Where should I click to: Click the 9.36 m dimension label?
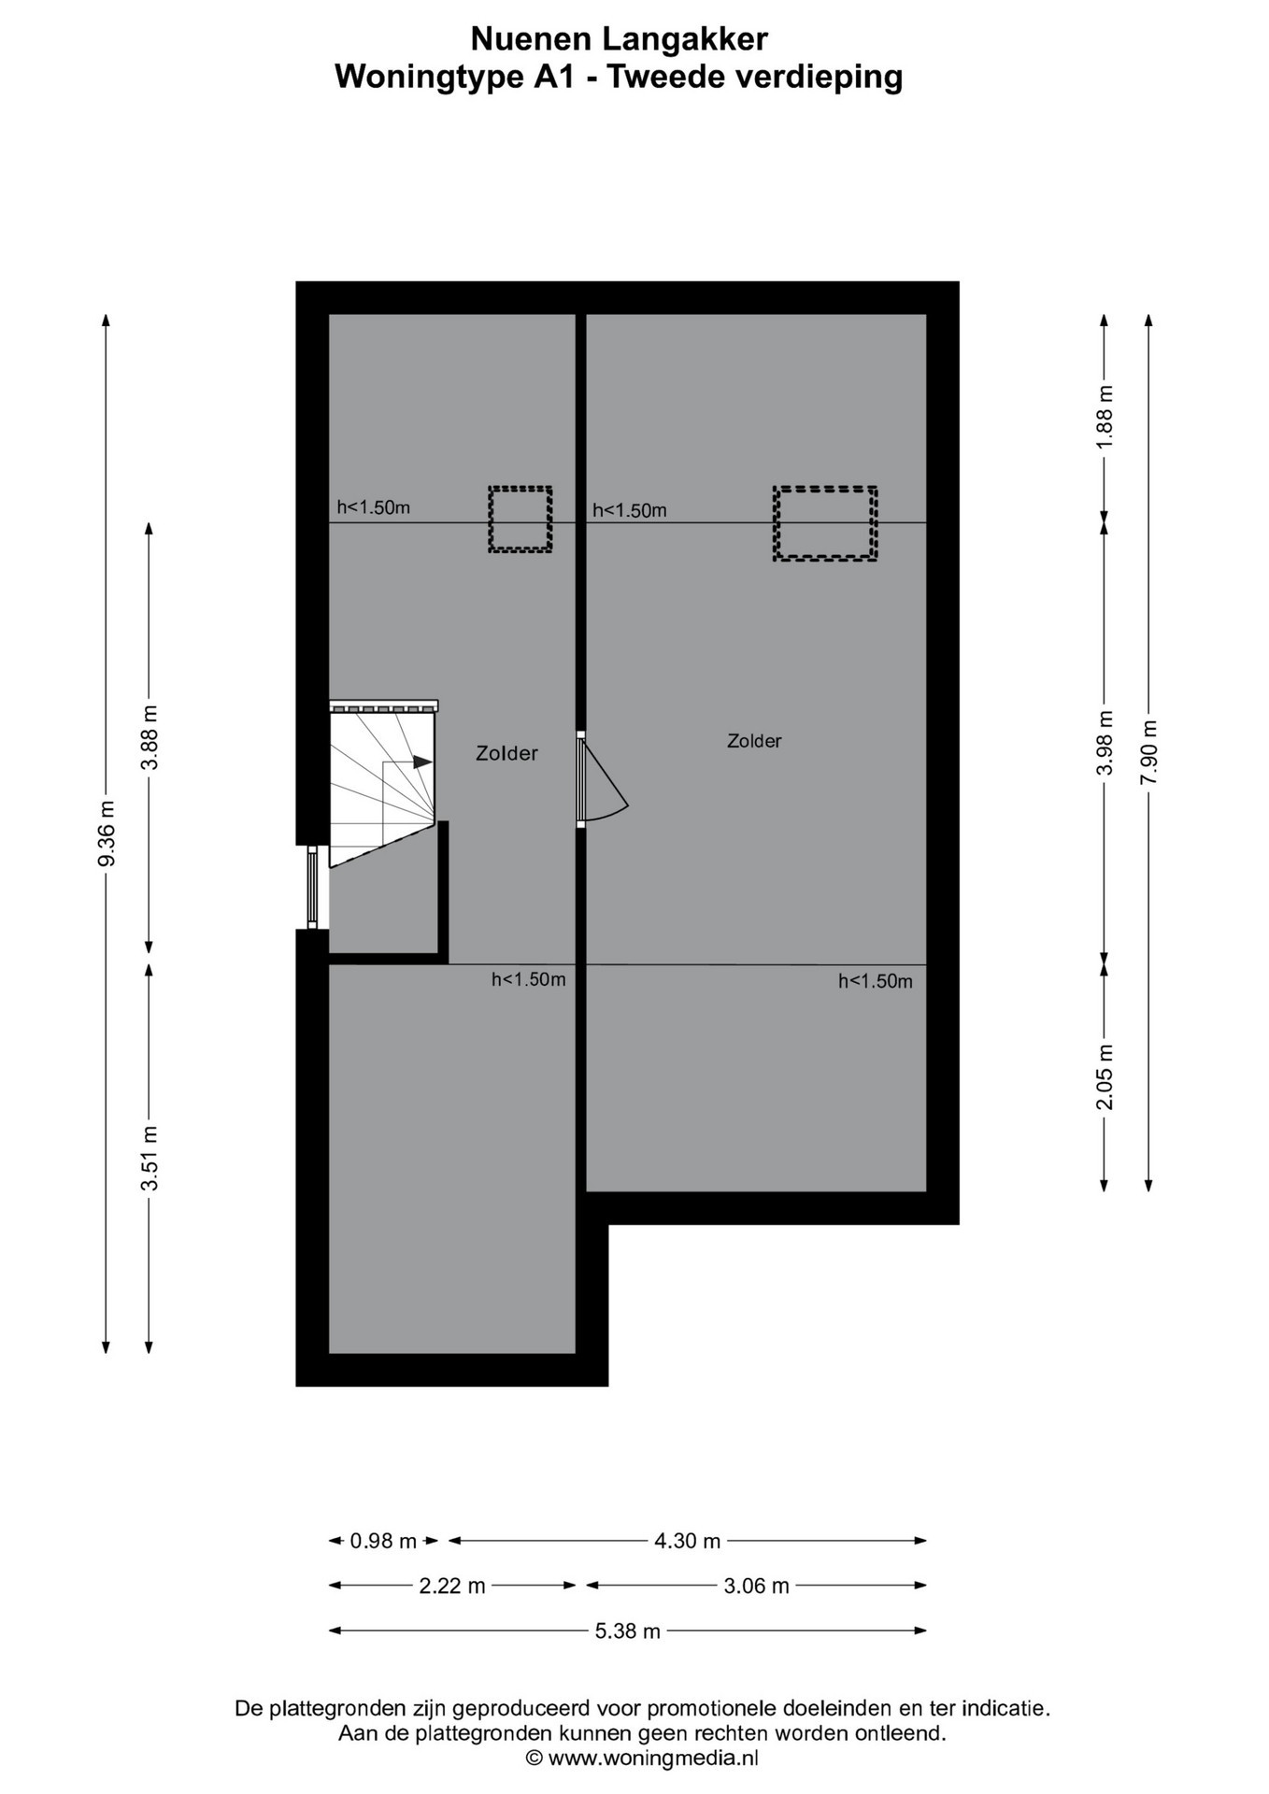pos(107,833)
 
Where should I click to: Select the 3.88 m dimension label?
pos(150,737)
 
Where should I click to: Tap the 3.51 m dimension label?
pos(150,1159)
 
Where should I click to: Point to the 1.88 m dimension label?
pos(1105,417)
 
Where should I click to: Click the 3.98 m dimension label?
pos(1105,742)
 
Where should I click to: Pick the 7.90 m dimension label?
pos(1149,752)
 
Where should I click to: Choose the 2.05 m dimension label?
pos(1105,1076)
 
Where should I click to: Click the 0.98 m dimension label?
pos(383,1541)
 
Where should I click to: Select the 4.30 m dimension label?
pos(687,1541)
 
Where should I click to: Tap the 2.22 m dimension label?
pos(452,1586)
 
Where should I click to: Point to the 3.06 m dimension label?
pos(757,1586)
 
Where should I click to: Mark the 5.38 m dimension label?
pos(628,1630)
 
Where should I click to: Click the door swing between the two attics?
pos(608,780)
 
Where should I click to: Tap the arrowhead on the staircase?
pos(422,762)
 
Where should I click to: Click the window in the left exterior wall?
pos(312,887)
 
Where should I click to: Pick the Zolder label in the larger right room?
pos(754,741)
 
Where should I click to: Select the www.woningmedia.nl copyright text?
pos(642,1758)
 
